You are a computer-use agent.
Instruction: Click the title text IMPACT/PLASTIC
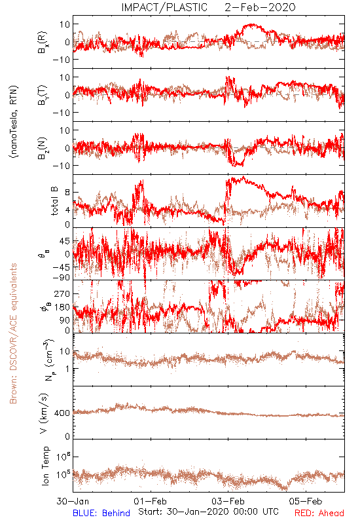click(x=164, y=7)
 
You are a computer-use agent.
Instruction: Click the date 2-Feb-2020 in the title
click(x=260, y=7)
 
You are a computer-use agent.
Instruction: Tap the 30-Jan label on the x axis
click(x=73, y=501)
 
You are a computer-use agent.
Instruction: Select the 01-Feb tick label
click(x=151, y=501)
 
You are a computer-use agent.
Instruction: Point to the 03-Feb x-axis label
click(x=228, y=501)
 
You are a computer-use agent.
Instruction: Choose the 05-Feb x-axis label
click(x=306, y=501)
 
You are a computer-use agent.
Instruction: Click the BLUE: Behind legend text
click(x=101, y=513)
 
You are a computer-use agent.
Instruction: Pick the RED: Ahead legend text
click(x=319, y=513)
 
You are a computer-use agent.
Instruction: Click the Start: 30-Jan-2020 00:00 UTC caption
click(x=208, y=512)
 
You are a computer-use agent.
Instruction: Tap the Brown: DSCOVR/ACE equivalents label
click(x=13, y=333)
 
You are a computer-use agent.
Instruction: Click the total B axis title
click(x=54, y=201)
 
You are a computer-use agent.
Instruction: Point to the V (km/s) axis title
click(x=44, y=413)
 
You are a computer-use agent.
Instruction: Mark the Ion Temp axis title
click(x=45, y=466)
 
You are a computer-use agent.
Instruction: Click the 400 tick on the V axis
click(x=62, y=413)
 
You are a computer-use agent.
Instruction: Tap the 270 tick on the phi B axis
click(x=62, y=293)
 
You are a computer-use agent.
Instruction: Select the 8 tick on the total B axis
click(x=67, y=193)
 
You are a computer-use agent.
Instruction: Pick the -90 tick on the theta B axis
click(x=61, y=277)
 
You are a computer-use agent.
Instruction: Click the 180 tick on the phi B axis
click(x=62, y=307)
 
